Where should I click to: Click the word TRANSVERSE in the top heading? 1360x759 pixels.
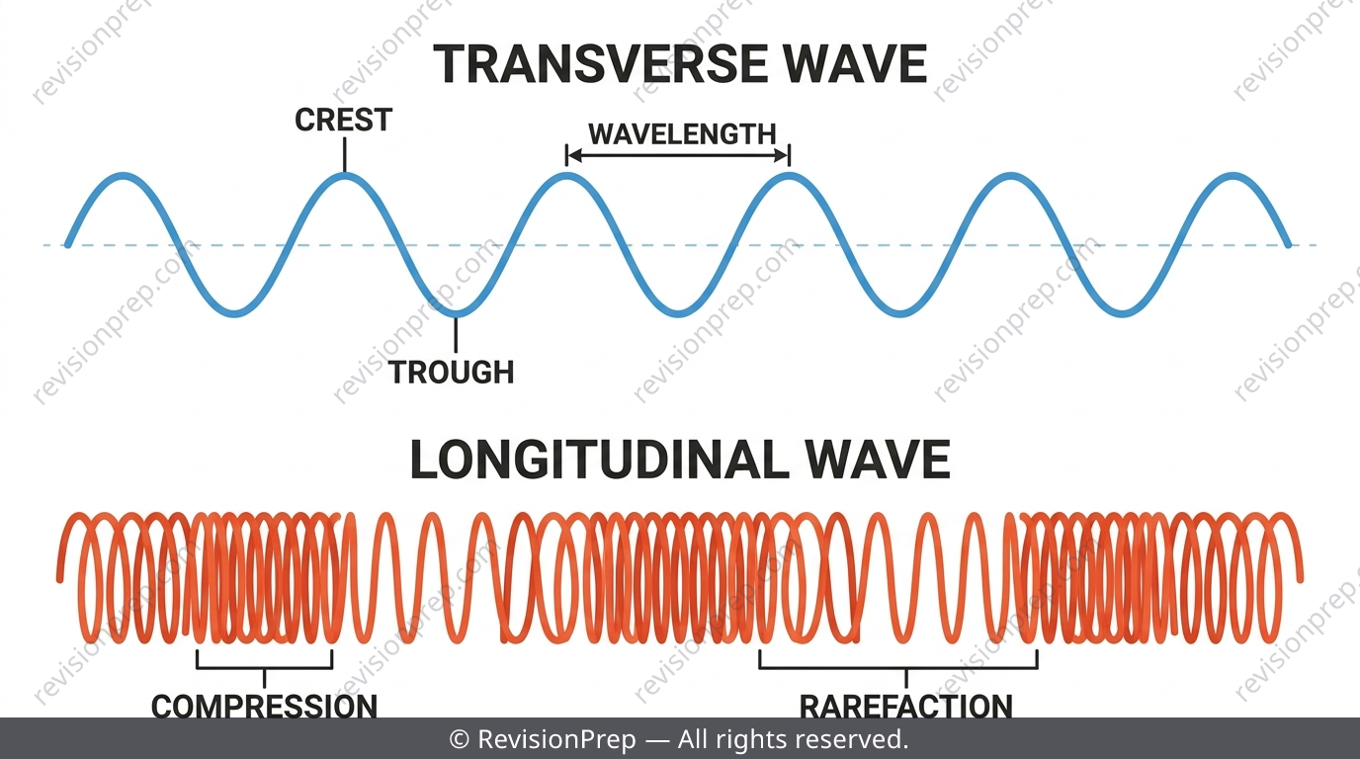point(601,64)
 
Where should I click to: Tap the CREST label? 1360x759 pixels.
point(344,120)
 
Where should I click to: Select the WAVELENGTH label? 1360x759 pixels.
point(682,134)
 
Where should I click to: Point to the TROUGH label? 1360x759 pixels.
point(451,372)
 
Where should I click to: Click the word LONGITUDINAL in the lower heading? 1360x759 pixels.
point(599,460)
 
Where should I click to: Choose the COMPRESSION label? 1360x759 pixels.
point(264,707)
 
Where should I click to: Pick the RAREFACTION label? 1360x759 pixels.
point(906,707)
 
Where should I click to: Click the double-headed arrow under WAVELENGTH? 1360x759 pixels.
point(678,156)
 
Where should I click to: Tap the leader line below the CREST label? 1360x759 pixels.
point(344,155)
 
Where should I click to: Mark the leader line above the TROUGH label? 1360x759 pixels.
point(456,335)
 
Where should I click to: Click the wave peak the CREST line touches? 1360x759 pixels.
point(345,176)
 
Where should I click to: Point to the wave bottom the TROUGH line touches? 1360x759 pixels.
point(456,314)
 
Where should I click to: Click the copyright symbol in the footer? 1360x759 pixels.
point(460,739)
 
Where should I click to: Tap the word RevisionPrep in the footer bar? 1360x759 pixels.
point(556,739)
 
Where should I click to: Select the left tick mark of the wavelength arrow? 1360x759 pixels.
point(566,155)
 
